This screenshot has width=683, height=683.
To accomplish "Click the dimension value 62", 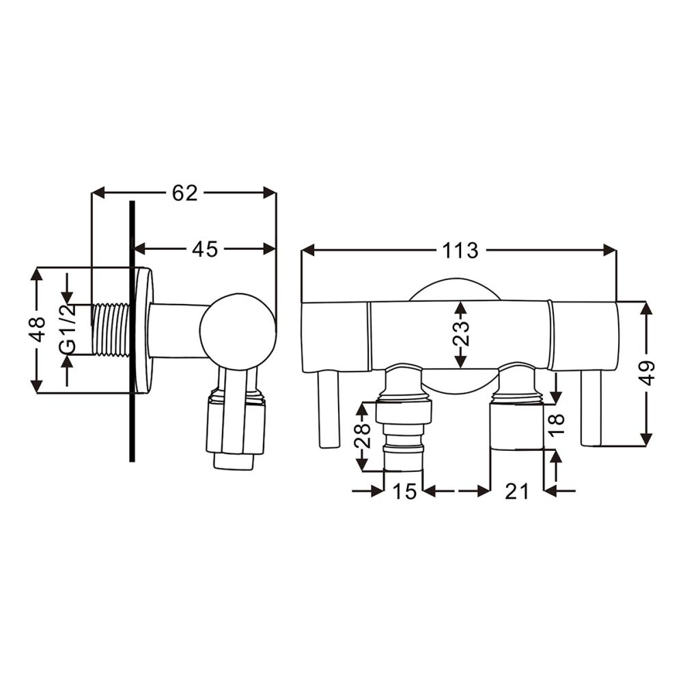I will [x=184, y=193].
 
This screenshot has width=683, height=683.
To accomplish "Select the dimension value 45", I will [x=204, y=249].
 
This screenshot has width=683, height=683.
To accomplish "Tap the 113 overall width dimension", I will [x=460, y=251].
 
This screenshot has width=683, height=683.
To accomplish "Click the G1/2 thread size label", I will [x=67, y=329].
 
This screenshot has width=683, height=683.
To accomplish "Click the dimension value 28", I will [x=364, y=437].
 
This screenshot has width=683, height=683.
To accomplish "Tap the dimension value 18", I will [x=557, y=423].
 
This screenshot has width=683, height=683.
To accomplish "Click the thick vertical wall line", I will [x=132, y=331].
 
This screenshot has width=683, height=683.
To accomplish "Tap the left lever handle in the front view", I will [x=329, y=410].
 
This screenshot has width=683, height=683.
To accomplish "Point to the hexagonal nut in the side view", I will [x=236, y=427].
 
